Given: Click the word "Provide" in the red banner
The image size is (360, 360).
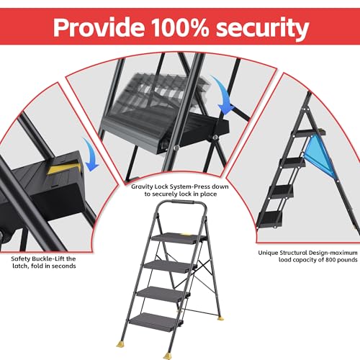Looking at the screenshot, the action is coord(99,27).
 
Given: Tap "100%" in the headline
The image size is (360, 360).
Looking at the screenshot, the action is coord(180,27).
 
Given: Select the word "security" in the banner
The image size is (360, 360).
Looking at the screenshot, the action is coord(262,29).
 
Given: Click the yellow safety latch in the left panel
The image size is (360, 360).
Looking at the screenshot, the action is coord(64,168).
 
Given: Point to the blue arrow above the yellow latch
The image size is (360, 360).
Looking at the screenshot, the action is coord(91,155).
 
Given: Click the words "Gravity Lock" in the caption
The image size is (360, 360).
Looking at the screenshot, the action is coord(150,186).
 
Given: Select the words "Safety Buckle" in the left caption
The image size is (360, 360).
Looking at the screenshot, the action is coord(32,258).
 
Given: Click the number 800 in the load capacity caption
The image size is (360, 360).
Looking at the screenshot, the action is coord(330,260).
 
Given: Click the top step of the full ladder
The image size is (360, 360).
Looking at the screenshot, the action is coord(179,238).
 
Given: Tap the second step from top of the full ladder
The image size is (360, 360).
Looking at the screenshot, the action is coord(170,266).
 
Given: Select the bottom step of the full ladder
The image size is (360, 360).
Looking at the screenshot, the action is coord(156,322).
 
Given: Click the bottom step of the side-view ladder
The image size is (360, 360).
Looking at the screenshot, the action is coord(269,220).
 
